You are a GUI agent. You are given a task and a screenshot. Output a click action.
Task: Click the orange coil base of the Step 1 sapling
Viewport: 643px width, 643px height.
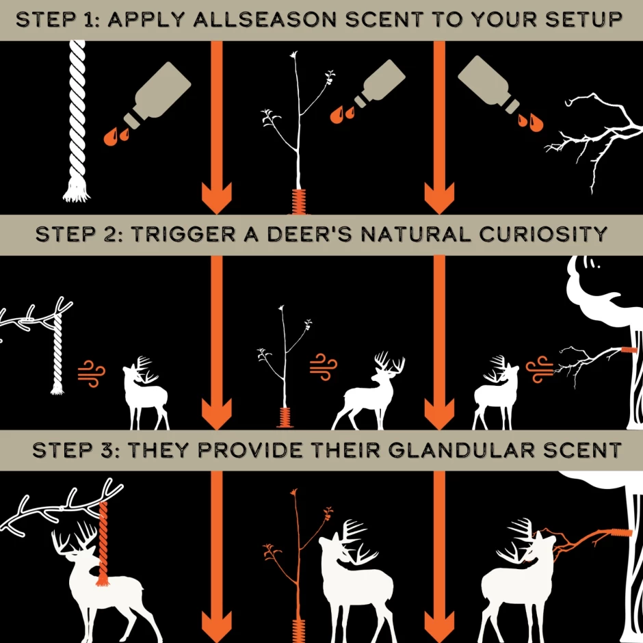pos(298,202)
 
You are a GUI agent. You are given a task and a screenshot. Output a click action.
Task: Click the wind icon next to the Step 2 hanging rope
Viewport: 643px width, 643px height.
pos(91,373)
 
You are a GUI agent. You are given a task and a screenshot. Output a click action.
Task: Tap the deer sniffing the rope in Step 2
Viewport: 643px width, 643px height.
pos(145,393)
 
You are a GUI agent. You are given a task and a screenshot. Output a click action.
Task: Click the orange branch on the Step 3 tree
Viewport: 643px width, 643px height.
pos(581,537)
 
